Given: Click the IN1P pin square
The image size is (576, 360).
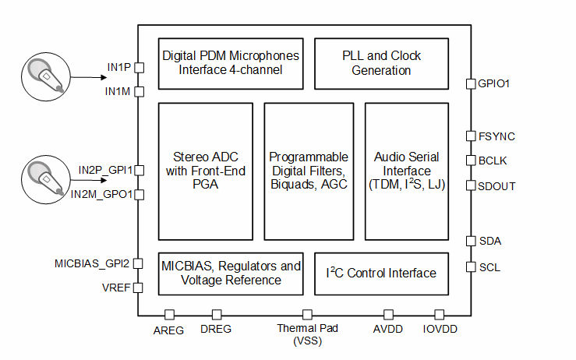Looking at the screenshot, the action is (140, 68).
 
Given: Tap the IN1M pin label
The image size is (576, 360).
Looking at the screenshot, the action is (118, 91).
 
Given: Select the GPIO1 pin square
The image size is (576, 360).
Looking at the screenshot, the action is (471, 83).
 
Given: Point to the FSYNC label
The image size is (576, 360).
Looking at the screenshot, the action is (496, 136).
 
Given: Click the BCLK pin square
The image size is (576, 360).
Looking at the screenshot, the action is (471, 161).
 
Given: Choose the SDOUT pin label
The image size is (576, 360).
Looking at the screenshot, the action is (496, 186).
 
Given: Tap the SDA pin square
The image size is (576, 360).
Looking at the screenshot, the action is (471, 241).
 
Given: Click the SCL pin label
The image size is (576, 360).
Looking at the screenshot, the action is (489, 267).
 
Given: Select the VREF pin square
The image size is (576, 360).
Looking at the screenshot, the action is (138, 288).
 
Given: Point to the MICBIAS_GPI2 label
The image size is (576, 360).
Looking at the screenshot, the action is (92, 263).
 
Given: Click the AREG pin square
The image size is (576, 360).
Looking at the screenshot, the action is (169, 315).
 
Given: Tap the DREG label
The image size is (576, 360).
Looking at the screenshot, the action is (216, 329).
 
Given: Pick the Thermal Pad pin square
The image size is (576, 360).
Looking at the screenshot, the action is (307, 315).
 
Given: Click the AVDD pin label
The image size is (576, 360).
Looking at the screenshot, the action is (388, 329).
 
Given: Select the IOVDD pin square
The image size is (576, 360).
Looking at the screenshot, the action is (439, 315).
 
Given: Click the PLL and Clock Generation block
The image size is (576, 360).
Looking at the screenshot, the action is (381, 64).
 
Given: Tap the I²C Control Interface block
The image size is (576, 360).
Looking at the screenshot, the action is (381, 274).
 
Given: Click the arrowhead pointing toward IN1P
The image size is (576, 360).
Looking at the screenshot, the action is (104, 77).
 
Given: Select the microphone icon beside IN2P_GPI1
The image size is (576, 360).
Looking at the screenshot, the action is (46, 180).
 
